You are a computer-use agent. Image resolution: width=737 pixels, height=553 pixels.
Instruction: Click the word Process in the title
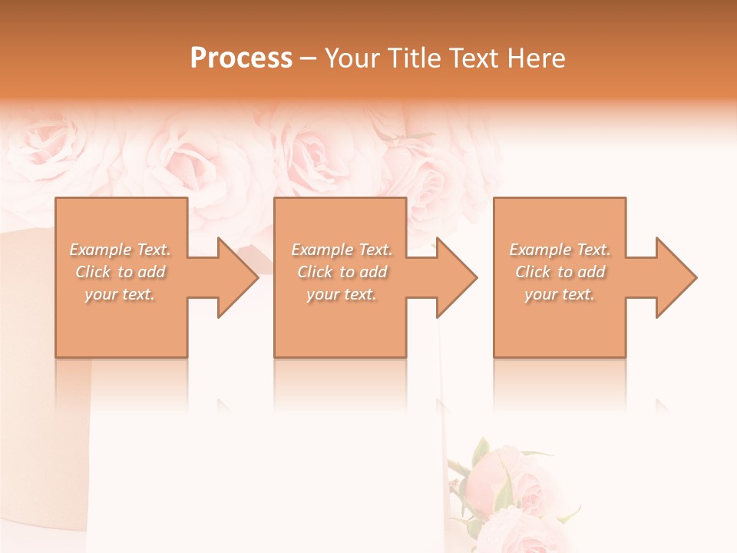(241, 58)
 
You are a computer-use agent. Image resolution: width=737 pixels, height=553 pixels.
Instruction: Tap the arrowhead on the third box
(675, 277)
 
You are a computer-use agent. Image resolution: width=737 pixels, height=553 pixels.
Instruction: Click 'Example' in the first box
(101, 250)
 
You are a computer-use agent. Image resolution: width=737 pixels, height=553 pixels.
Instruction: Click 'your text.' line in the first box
(120, 294)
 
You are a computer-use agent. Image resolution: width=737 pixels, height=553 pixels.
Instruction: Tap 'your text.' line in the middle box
(341, 294)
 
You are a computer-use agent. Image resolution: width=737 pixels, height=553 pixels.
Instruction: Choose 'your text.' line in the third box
(560, 294)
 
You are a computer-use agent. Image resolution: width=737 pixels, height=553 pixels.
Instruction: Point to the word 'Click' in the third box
(533, 272)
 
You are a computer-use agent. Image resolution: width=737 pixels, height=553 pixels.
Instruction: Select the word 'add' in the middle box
(373, 272)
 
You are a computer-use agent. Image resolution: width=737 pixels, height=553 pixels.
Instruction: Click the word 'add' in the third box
(591, 272)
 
